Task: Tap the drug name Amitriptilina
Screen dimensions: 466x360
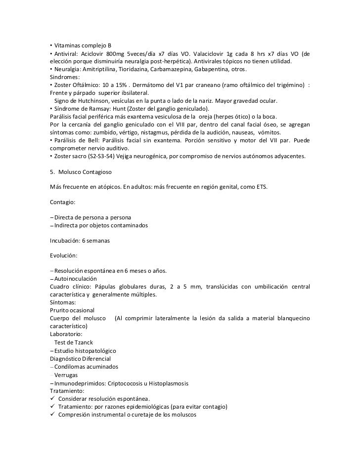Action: tap(103, 69)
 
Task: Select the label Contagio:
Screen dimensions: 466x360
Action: tap(63, 202)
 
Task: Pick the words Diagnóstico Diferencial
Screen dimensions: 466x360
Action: tap(81, 358)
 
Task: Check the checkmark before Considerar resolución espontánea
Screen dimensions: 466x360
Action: tap(52, 399)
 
